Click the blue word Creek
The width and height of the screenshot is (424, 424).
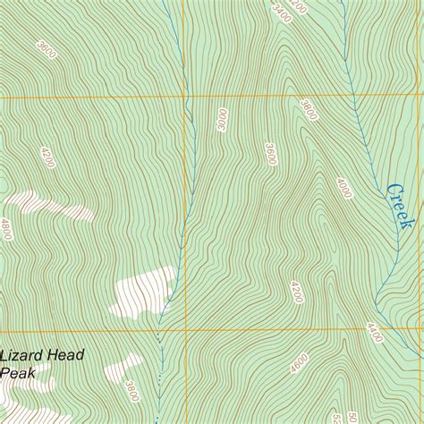tap(403, 205)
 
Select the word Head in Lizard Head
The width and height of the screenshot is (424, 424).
tap(67, 356)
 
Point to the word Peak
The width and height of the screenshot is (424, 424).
tap(17, 373)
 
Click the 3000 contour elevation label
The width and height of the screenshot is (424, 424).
tap(222, 119)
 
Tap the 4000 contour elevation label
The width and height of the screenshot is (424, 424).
tap(344, 188)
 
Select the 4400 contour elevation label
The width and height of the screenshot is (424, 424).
tap(375, 334)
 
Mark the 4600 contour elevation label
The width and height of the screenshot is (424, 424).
tap(299, 363)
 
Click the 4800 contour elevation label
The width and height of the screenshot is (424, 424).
tap(6, 228)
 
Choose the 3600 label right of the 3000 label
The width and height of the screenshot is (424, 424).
tap(270, 153)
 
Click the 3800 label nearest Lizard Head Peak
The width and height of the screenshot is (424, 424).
tap(132, 391)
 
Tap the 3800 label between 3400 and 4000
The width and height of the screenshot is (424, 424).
tap(310, 110)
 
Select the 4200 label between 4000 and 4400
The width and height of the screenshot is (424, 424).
tap(296, 292)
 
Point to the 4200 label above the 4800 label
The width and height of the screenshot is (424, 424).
tap(47, 157)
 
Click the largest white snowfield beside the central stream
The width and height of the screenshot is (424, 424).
tap(143, 292)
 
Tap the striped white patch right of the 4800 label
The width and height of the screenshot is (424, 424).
tap(54, 205)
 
